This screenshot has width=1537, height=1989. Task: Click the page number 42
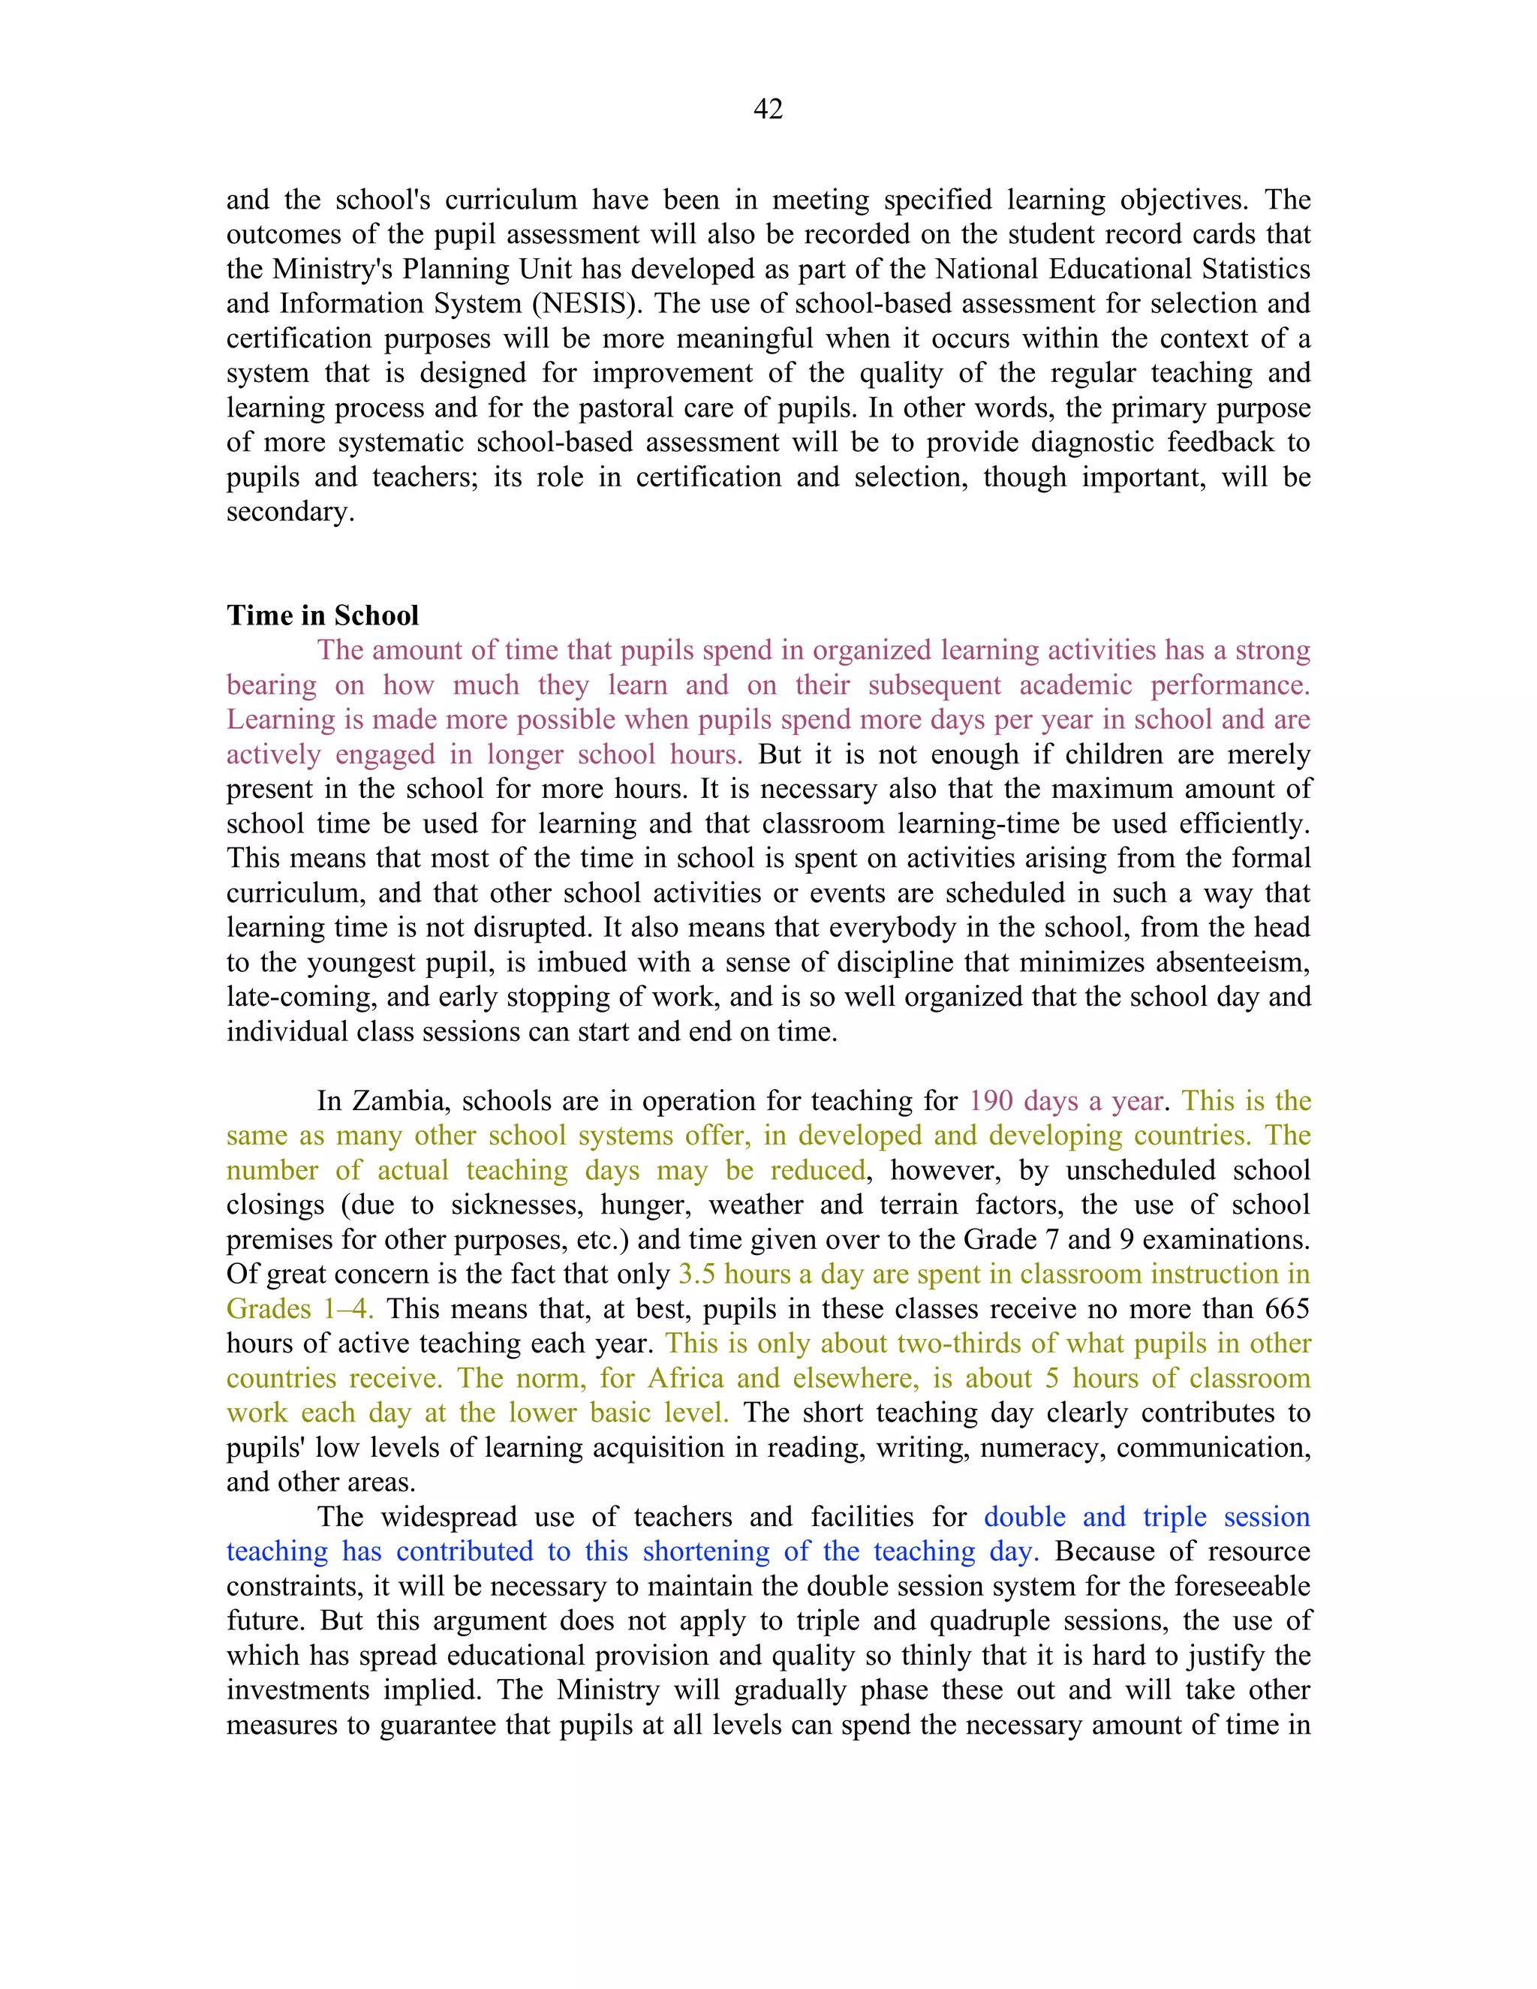click(768, 110)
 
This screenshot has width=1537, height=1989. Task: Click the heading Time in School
click(322, 615)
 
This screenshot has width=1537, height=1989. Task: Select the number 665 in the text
click(1286, 1309)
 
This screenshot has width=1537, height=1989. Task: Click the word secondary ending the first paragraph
click(289, 512)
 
